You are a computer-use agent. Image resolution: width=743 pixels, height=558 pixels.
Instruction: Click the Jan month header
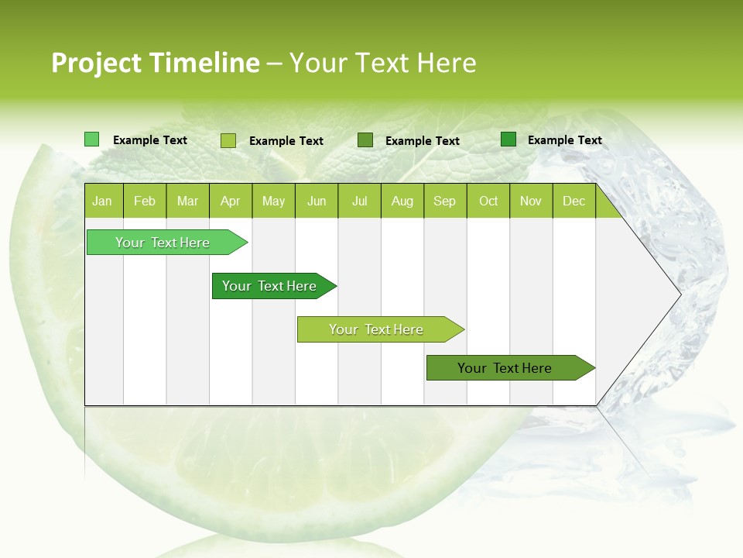point(103,201)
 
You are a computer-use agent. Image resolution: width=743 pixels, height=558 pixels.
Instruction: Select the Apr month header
point(231,201)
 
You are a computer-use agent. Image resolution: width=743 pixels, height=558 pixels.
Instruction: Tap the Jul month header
point(359,201)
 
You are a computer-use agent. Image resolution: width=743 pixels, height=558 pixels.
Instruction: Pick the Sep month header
point(444,201)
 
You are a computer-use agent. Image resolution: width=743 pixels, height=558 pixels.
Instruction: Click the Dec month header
point(574,201)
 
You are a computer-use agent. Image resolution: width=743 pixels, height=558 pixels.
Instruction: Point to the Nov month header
point(531,201)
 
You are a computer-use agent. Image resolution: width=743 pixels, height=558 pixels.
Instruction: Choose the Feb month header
point(145,201)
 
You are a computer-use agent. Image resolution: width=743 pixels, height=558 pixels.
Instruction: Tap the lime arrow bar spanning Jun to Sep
point(378,329)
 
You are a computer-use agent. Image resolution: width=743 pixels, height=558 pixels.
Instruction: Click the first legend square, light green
point(91,139)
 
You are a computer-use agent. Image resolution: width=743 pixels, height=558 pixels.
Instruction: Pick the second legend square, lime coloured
point(228,140)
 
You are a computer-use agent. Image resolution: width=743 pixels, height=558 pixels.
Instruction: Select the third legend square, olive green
point(365,140)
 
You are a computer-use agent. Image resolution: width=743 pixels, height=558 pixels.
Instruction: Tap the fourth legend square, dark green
point(508,139)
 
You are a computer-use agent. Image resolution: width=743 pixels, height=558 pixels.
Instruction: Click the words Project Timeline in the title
point(155,63)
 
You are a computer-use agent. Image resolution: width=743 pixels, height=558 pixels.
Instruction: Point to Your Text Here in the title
point(382,63)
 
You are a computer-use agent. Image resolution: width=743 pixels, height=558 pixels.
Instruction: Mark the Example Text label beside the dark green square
point(564,140)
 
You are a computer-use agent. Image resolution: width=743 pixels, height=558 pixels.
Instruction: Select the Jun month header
point(317,201)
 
